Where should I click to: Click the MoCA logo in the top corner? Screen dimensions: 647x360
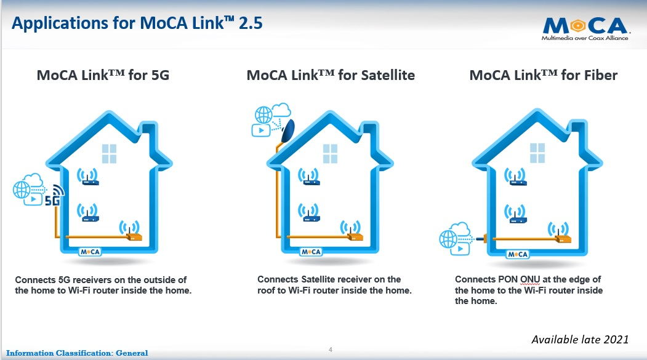[585, 28]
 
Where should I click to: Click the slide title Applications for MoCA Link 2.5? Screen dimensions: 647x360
[137, 23]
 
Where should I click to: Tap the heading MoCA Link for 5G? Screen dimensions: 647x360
[103, 75]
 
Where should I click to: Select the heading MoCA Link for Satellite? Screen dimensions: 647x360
[331, 75]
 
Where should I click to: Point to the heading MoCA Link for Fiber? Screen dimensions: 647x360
[544, 75]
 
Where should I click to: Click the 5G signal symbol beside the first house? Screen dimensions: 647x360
[54, 196]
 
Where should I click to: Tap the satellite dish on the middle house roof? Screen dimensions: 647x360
[288, 130]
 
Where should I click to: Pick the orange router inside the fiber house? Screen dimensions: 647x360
[563, 238]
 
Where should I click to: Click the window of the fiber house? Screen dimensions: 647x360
[537, 153]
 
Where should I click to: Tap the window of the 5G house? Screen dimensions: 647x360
[110, 154]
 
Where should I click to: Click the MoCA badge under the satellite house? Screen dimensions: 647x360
[311, 252]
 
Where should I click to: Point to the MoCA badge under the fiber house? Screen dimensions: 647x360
[518, 254]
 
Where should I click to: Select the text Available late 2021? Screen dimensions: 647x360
[580, 339]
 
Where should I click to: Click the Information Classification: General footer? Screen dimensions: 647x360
[77, 353]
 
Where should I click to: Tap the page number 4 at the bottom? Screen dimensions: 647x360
[331, 350]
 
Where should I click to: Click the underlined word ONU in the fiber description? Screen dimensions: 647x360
[530, 279]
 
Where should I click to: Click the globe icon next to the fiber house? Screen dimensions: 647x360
[448, 239]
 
